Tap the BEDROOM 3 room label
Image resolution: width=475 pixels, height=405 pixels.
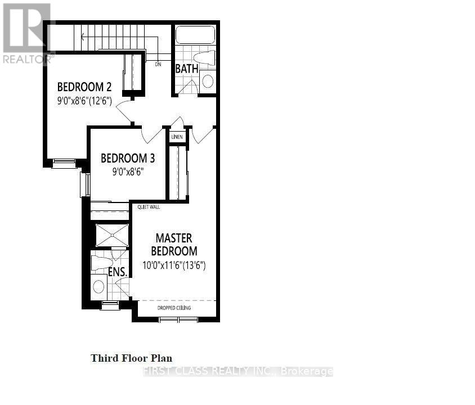[128, 158]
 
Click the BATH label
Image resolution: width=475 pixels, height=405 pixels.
[186, 69]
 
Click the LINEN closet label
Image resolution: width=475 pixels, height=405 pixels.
[177, 136]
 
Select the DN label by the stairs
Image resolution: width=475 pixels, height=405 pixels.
[158, 64]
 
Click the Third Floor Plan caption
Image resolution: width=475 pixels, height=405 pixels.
[132, 358]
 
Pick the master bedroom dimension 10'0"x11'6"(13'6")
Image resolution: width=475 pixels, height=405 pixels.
[173, 264]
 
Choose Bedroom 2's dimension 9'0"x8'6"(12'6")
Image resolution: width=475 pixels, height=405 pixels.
[85, 101]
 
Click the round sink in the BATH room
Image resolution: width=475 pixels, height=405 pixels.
[208, 81]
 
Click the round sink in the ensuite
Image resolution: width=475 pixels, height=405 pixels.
[98, 286]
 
